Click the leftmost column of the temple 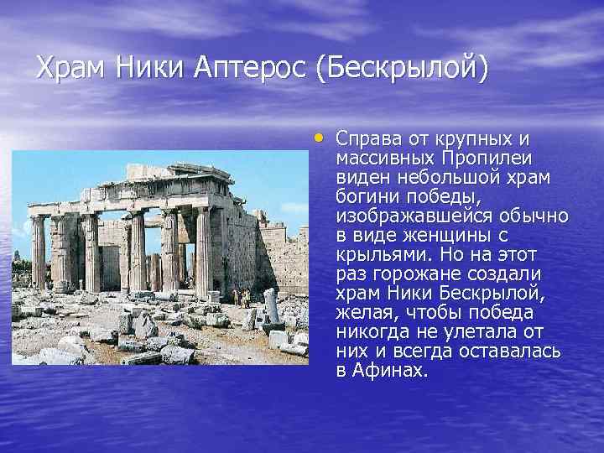click(x=38, y=252)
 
